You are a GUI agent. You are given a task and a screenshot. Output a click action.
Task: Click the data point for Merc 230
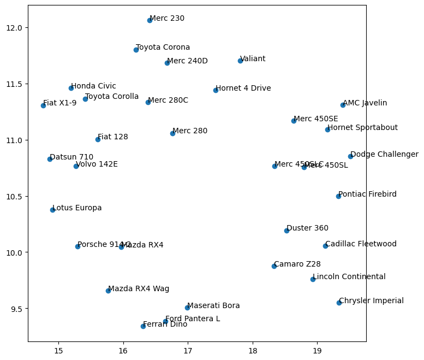(150, 20)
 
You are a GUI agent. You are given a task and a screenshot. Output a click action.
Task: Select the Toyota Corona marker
(136, 50)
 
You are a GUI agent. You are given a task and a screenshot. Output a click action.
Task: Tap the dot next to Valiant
(240, 61)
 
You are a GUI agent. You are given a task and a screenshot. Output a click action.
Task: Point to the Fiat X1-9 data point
(43, 105)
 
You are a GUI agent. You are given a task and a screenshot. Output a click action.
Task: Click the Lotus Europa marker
(52, 210)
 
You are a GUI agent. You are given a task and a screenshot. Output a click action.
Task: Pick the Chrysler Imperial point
(339, 303)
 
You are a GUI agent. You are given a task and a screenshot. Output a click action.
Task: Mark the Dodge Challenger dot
(350, 156)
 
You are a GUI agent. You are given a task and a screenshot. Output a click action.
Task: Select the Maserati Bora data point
(187, 308)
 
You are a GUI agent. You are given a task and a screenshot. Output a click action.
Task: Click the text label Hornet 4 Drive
(243, 88)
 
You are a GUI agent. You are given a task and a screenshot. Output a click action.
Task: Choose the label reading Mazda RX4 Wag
(139, 288)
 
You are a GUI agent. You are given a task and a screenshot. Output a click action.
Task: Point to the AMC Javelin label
(365, 103)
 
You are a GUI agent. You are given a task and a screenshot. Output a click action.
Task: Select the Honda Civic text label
(93, 86)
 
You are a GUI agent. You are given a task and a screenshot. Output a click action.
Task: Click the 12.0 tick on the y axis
(15, 28)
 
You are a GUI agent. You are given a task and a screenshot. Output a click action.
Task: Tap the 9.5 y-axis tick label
(17, 309)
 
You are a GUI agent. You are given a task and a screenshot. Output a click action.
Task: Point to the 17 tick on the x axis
(188, 350)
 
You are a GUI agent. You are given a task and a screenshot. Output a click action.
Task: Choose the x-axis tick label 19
(317, 350)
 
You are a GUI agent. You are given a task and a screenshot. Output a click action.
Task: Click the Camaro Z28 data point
(274, 266)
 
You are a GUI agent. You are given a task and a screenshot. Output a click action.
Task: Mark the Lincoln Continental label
(349, 276)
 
